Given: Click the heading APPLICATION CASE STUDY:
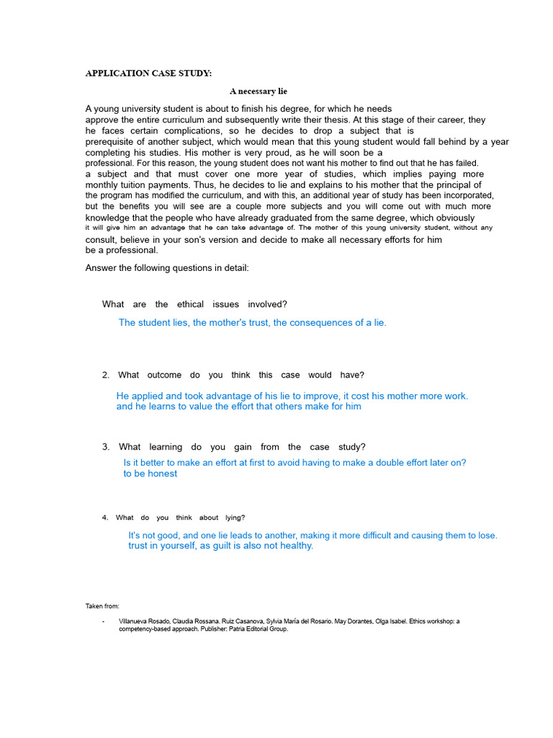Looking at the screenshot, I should (149, 74).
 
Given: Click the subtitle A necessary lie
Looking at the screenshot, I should (258, 92).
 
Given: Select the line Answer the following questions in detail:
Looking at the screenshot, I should (167, 268).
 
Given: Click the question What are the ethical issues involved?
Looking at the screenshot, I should (194, 304).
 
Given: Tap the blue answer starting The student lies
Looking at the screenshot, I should (252, 323).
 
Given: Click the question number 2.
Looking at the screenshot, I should (105, 375).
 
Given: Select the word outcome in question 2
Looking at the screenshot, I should (164, 375).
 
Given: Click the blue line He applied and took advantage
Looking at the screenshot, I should (292, 396).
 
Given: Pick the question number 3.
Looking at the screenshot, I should (105, 447).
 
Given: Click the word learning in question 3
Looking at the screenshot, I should (166, 447).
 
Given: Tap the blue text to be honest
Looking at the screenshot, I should (150, 474).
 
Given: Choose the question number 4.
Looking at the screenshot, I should (104, 517).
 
